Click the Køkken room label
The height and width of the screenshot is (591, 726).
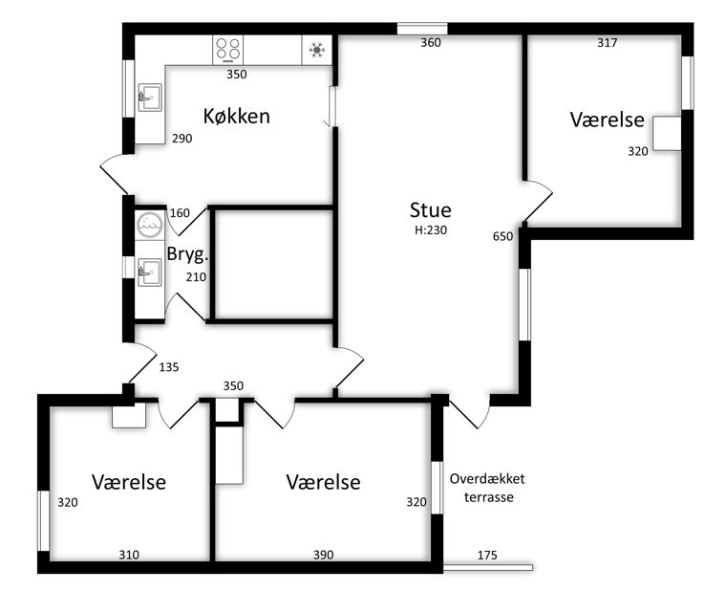coord(236,116)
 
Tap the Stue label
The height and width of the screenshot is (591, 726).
coord(430,210)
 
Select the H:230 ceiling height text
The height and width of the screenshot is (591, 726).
coord(431,230)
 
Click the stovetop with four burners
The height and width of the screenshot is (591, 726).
coord(227,50)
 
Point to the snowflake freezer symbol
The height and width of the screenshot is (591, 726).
coord(317,50)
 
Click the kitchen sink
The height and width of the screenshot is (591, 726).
coord(150,98)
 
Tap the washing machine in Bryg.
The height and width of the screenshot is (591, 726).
coord(150,225)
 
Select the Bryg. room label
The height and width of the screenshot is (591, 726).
coord(187,254)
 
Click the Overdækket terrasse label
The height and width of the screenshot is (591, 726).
coord(487,488)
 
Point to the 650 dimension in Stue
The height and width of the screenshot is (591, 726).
coord(502,236)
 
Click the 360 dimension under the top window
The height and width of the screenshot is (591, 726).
coord(431,43)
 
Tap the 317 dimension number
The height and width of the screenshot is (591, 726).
coord(607,43)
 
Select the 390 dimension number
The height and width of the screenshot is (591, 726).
coord(323,555)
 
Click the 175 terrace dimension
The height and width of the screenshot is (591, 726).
coord(487,555)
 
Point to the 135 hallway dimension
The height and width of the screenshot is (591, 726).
coord(169,367)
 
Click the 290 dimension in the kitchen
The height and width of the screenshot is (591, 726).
coord(181,138)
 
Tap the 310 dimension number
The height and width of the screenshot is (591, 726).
coord(129,555)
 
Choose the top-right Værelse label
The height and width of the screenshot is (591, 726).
coord(607,120)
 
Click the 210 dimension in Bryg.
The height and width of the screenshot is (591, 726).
coord(196,277)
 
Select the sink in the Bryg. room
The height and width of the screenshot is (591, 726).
coord(150,273)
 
